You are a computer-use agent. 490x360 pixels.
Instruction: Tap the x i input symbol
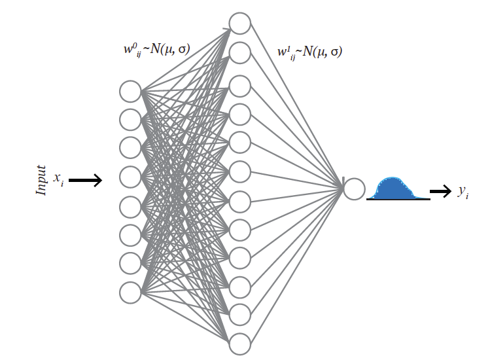(x=58, y=179)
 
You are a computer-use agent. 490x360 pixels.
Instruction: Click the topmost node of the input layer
(x=130, y=91)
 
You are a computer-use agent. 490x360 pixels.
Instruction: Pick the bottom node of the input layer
(x=130, y=292)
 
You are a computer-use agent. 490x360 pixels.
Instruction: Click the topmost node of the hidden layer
(x=240, y=24)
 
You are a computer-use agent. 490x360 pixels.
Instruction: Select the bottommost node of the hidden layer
(x=240, y=343)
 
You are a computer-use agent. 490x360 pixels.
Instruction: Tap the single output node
(x=354, y=189)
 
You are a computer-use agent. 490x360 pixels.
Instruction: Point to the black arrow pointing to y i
(x=440, y=192)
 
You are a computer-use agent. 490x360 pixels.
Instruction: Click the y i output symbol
(x=462, y=192)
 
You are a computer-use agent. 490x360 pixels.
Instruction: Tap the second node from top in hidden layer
(x=240, y=52)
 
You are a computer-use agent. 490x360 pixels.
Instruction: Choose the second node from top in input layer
(x=130, y=120)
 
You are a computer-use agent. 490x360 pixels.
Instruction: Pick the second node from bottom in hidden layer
(x=240, y=314)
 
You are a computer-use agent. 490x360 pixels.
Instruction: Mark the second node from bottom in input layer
(x=130, y=263)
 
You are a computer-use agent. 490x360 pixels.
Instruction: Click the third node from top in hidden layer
(x=240, y=85)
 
